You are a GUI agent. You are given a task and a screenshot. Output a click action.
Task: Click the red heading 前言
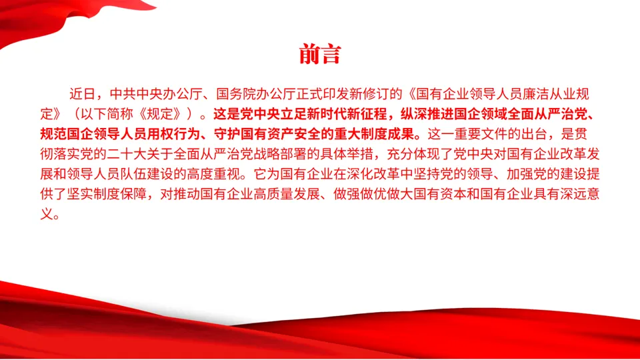coord(319,54)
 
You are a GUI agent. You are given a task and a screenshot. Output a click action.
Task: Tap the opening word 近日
coord(83,94)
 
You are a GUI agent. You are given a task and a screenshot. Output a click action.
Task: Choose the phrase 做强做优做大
coord(373,194)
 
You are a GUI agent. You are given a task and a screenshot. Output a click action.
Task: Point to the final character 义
coord(47,214)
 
